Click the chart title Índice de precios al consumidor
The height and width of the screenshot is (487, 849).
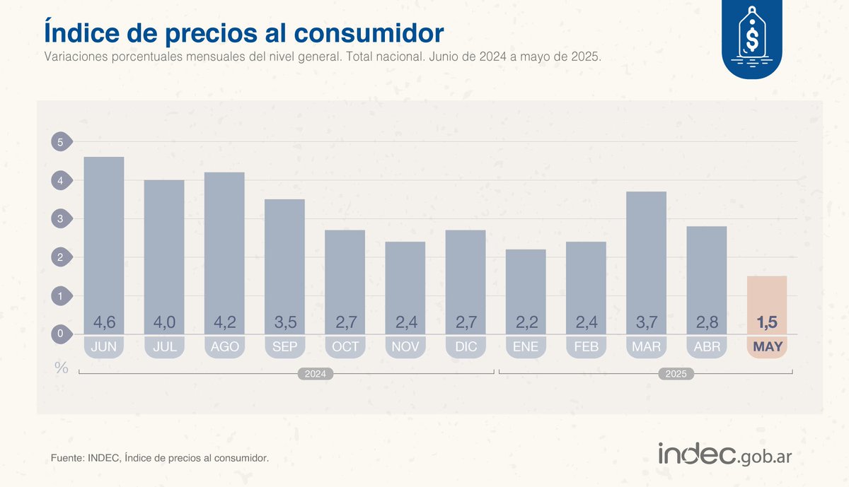coord(244,33)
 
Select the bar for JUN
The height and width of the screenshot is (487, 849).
coord(104,240)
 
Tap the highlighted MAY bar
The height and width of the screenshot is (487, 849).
coord(767,297)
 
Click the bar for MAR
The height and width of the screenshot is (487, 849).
coord(646,254)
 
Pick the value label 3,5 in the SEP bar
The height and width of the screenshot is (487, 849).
coord(284,323)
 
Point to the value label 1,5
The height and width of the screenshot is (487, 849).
coord(767,323)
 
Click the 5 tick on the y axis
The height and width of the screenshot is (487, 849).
coord(61,142)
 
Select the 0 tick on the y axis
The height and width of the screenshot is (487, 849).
coord(61,334)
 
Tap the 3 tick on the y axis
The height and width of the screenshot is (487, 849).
coord(61,219)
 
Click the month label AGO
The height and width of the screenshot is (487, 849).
coord(224,347)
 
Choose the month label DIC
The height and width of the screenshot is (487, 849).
coord(466,347)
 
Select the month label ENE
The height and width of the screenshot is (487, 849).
coord(526,347)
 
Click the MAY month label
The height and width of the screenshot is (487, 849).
coord(767,347)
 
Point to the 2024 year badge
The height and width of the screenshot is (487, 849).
coord(315,374)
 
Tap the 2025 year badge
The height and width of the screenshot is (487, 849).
coord(676,374)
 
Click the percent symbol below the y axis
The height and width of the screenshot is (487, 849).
coord(62,368)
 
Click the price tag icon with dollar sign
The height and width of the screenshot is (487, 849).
coord(752,39)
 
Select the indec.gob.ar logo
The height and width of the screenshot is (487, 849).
coord(724,454)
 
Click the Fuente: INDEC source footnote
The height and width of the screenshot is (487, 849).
coord(160,459)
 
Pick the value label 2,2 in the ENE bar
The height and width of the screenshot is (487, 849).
coord(526,323)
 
